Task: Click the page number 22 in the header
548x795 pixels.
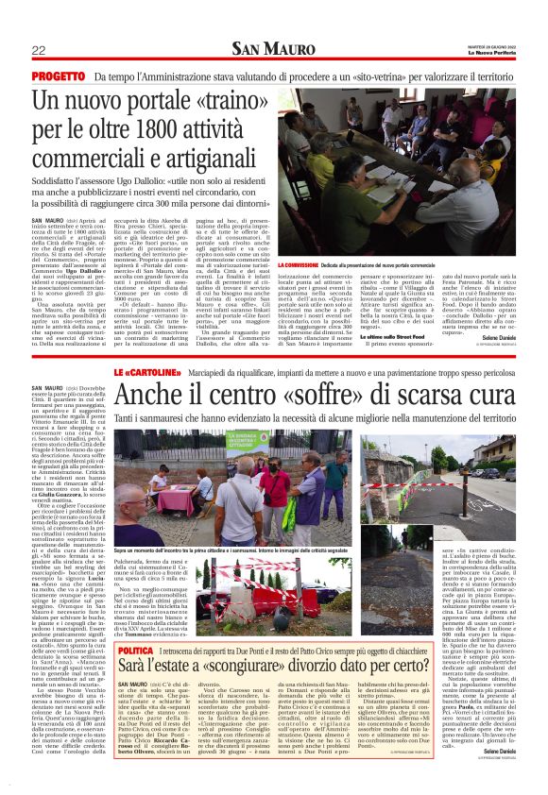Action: (39, 50)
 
